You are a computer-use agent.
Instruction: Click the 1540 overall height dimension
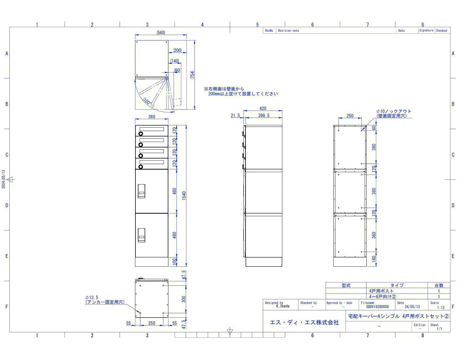coord(184,195)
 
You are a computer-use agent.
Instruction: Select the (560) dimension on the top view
coord(161,32)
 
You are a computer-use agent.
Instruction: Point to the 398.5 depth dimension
coord(264,115)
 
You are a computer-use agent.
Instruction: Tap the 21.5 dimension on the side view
coord(235,116)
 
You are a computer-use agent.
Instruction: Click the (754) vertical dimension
coord(192,75)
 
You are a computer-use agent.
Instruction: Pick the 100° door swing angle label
coord(147,101)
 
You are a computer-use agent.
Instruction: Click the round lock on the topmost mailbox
coord(141,134)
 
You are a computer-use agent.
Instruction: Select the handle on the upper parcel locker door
coord(141,191)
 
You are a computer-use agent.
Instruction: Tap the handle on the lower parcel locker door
coord(141,235)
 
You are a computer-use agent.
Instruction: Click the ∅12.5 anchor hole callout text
coord(105,300)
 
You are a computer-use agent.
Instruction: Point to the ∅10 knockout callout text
coord(394,113)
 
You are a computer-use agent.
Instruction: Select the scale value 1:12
coord(441,308)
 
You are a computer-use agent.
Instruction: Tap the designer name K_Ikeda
coord(283,306)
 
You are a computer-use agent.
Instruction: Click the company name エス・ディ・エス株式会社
coord(304,322)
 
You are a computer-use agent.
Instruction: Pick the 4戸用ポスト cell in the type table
coord(381,291)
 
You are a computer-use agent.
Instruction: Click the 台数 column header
coord(439,285)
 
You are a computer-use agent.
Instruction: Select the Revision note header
coord(288,30)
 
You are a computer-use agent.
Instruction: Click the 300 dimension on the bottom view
coord(184,299)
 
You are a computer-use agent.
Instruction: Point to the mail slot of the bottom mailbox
coord(151,162)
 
